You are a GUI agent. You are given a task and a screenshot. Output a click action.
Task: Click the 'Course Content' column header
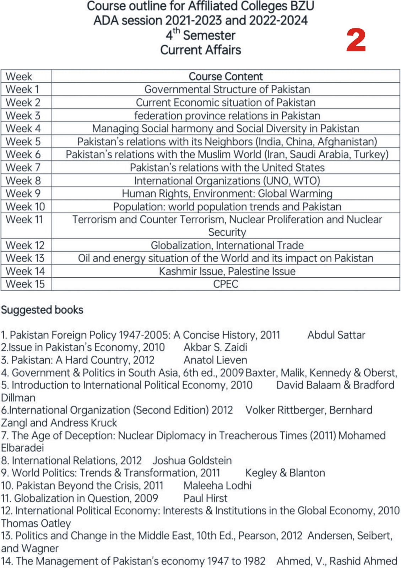point(226,76)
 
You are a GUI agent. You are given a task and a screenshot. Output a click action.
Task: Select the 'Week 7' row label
point(23,168)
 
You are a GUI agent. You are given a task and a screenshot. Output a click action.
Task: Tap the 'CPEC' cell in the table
point(226,284)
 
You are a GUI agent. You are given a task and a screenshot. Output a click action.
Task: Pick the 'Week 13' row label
point(25,258)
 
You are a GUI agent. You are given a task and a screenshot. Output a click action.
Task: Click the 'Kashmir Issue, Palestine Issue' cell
point(227,271)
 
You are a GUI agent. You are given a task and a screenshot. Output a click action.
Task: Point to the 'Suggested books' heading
point(42,310)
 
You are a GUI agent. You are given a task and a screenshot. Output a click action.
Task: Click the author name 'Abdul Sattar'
point(336,335)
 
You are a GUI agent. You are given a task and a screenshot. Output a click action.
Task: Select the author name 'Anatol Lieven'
point(215,360)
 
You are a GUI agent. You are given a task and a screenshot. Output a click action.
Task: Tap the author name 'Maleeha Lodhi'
point(217,485)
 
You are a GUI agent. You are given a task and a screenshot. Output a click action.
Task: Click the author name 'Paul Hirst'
point(205,498)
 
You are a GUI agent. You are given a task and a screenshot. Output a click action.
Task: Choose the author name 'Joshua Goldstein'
point(192,460)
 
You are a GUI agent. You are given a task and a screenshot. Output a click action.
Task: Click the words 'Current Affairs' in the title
point(200,50)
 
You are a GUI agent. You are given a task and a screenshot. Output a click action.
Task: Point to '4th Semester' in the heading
point(200,35)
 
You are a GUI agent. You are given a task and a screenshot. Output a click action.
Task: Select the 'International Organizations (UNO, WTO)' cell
point(227,181)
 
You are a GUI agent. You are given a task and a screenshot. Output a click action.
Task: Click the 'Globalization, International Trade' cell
point(227,245)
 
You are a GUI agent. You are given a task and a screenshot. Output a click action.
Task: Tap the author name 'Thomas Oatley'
point(36,523)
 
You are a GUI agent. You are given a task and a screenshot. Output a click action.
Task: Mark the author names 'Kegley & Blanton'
point(285,473)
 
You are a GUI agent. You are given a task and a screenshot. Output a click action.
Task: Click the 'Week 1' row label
point(22,89)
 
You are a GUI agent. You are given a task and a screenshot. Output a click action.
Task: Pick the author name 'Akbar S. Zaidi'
point(215,347)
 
